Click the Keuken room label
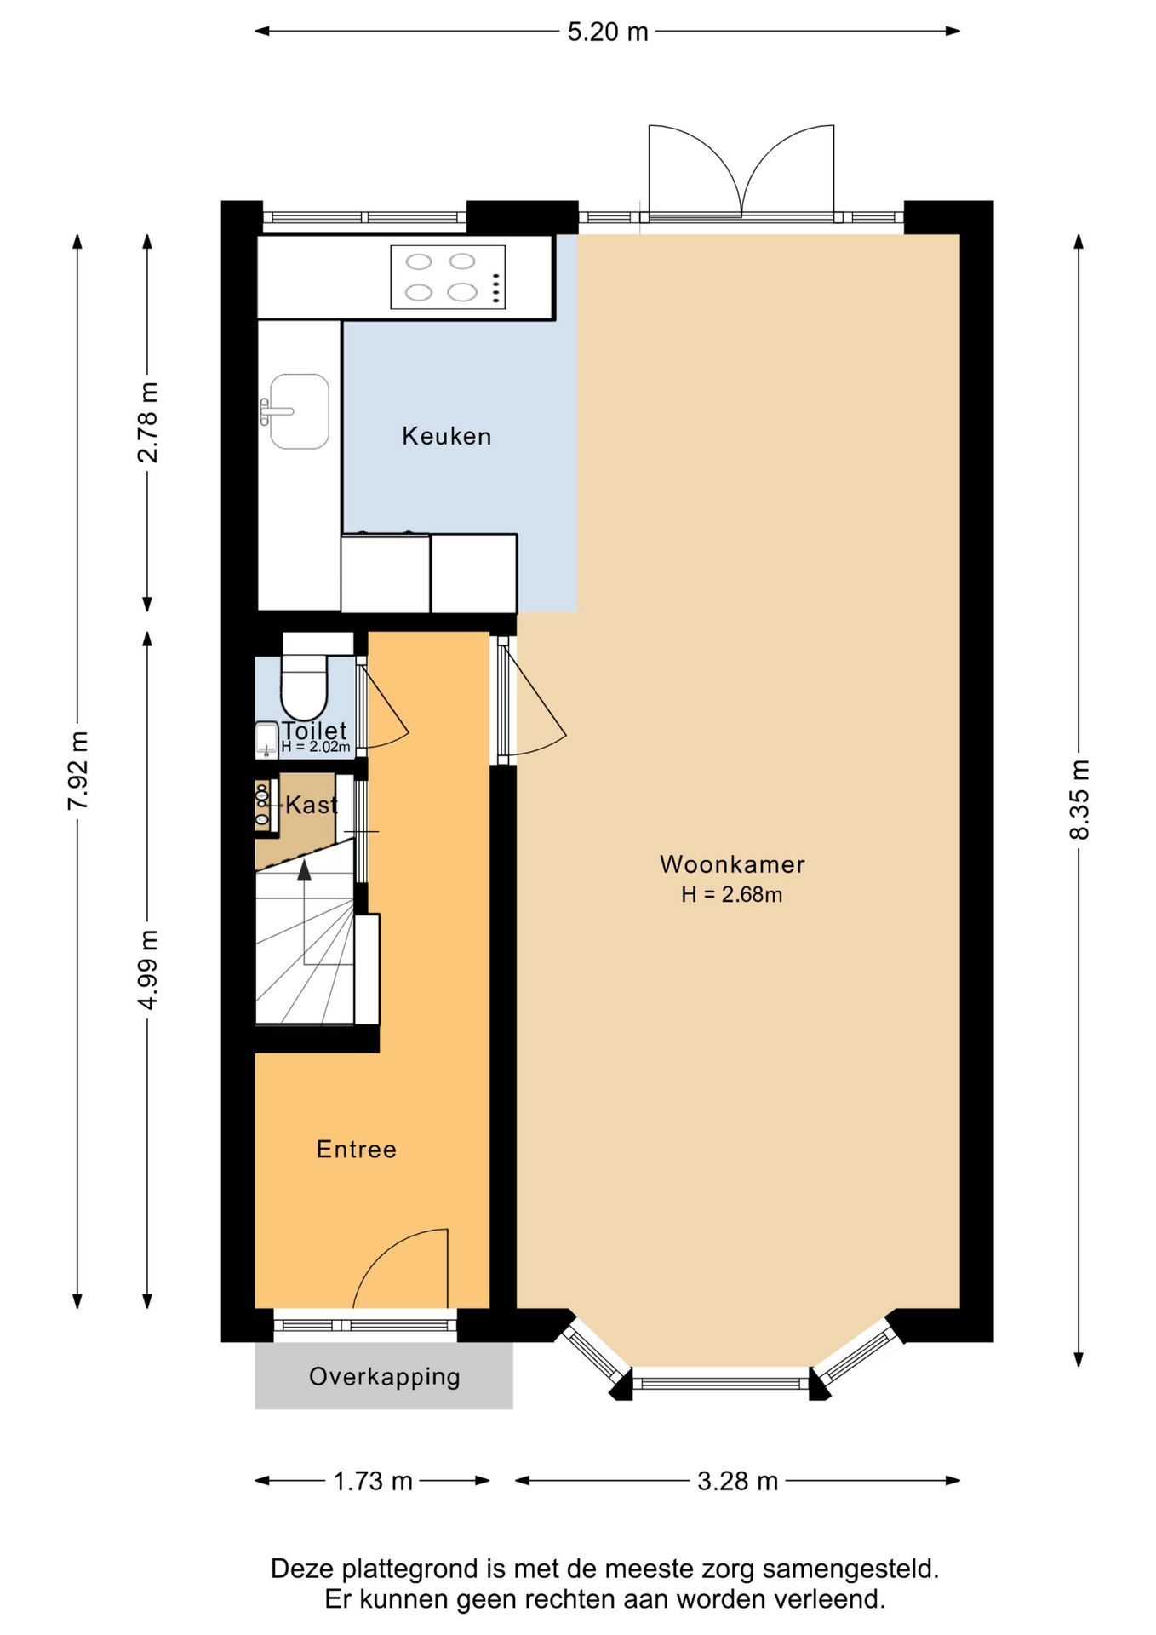click(446, 436)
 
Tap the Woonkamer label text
click(732, 864)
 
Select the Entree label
click(356, 1150)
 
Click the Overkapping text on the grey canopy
click(384, 1377)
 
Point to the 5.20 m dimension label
click(608, 32)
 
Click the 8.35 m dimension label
click(1079, 800)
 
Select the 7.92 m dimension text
click(77, 770)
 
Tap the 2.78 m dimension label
click(147, 422)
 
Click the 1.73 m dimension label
click(372, 1482)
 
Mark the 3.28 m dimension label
click(737, 1482)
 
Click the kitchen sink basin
click(299, 411)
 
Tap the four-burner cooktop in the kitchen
click(448, 277)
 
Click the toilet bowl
click(304, 687)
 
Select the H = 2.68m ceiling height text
click(731, 895)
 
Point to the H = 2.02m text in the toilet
click(315, 747)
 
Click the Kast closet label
click(311, 805)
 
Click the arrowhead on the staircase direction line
click(304, 869)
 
